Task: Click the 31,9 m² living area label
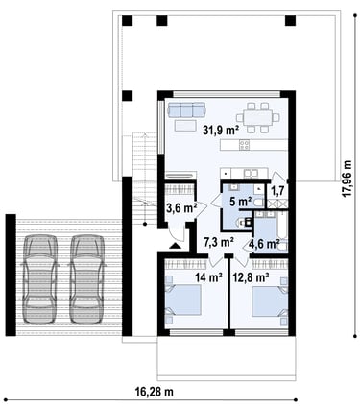(221, 130)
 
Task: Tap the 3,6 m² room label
(181, 208)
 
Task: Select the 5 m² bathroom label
(240, 202)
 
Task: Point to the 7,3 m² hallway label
(219, 242)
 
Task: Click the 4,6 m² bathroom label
(264, 244)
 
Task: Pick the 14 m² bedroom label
(209, 277)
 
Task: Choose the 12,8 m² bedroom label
(251, 277)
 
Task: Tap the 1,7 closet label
(277, 191)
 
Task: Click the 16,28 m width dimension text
(155, 391)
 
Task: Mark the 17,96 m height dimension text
(348, 179)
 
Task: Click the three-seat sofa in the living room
(186, 109)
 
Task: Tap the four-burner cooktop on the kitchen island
(245, 145)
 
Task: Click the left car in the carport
(39, 279)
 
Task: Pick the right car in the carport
(87, 279)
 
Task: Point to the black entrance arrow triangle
(175, 245)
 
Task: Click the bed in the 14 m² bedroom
(182, 300)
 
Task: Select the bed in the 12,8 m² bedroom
(270, 301)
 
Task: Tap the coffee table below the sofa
(185, 125)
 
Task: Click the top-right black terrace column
(291, 21)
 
